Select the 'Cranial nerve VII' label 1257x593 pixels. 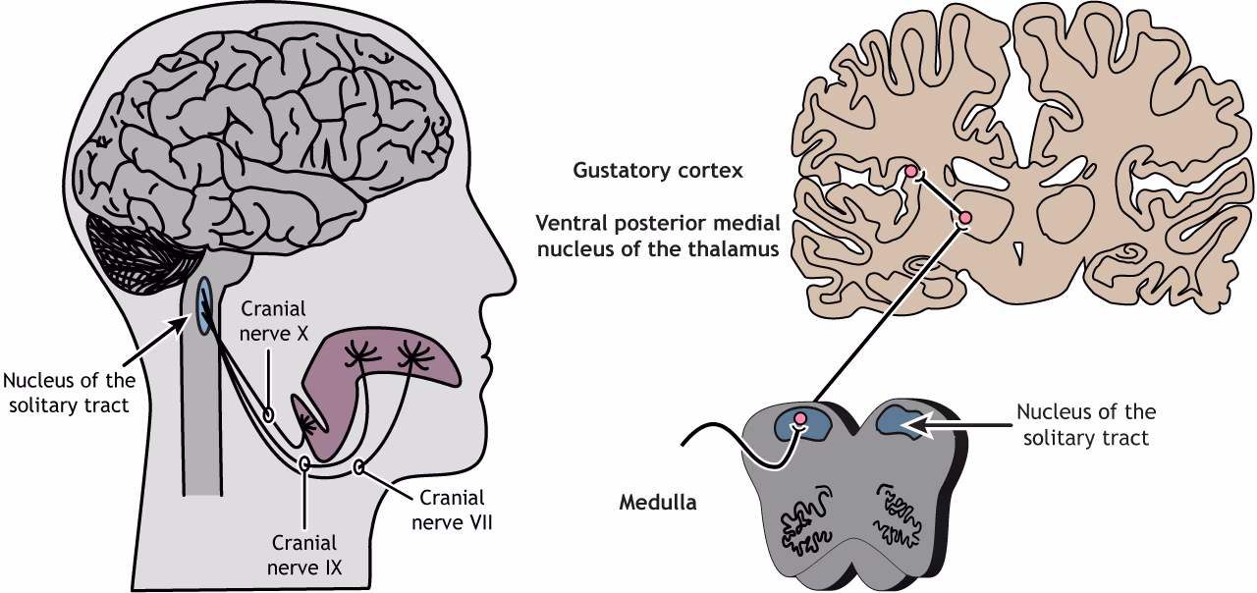pyautogui.click(x=455, y=510)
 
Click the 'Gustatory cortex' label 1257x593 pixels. pyautogui.click(x=658, y=170)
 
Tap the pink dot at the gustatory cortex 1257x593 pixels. pyautogui.click(x=911, y=172)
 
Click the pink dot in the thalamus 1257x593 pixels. pyautogui.click(x=965, y=217)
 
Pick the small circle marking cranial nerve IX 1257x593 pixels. pyautogui.click(x=305, y=462)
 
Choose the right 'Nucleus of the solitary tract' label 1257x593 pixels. pyautogui.click(x=1085, y=424)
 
